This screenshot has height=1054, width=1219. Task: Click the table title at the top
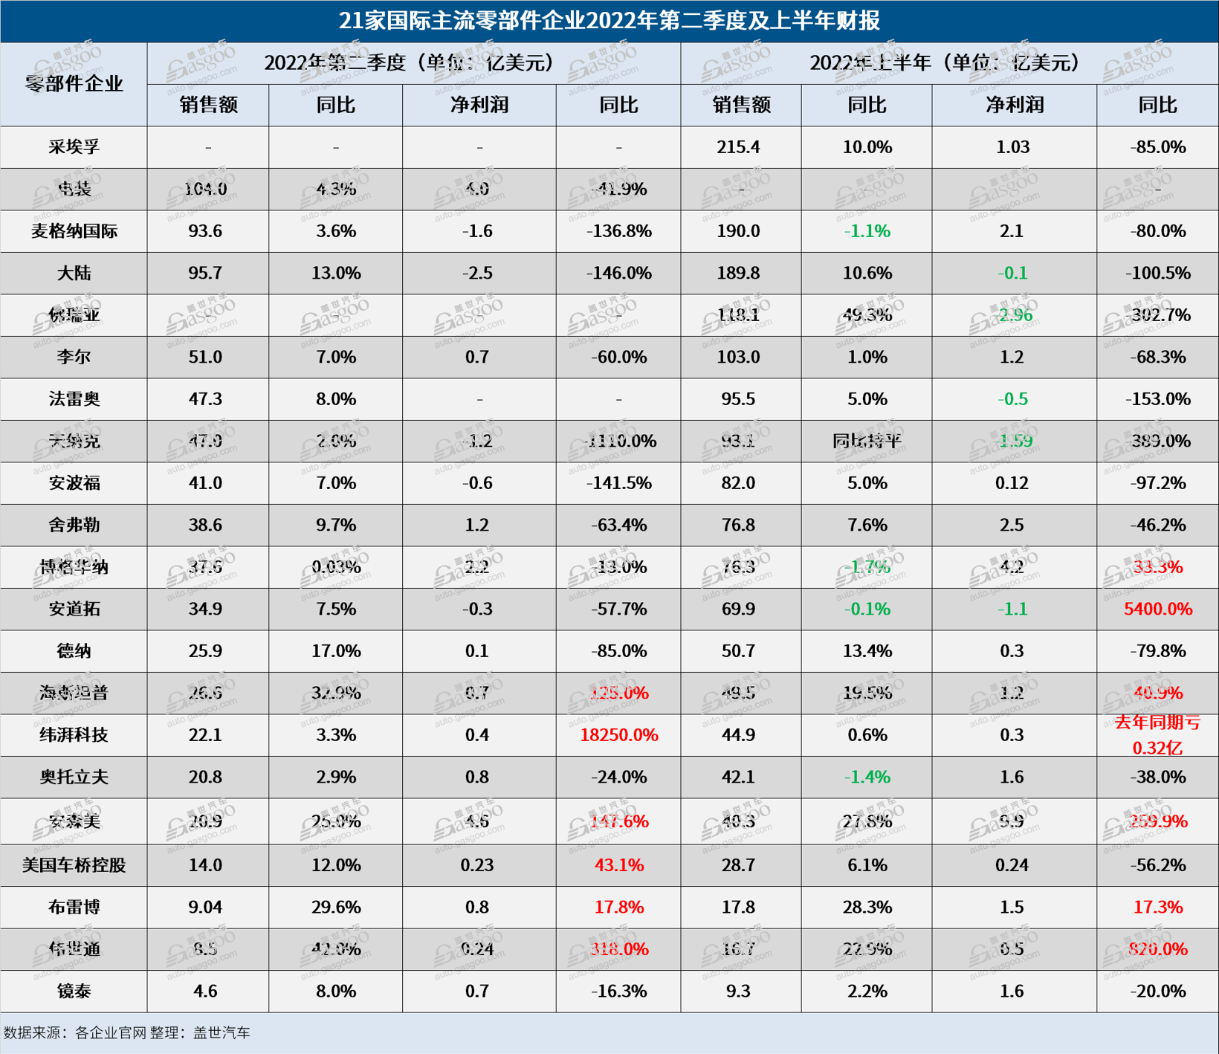coord(609,20)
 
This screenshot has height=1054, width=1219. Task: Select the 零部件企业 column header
coord(74,83)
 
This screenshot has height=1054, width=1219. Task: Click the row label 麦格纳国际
coord(74,231)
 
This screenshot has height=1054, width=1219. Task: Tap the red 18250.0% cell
coord(618,735)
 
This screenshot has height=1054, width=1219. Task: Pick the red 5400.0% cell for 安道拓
coord(1157,610)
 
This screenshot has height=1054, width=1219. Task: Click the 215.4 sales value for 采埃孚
coord(737,147)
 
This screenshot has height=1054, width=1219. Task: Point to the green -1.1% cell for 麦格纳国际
coord(867,231)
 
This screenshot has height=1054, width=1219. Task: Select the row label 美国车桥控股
coord(74,865)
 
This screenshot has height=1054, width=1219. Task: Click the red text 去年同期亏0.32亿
coord(1157,735)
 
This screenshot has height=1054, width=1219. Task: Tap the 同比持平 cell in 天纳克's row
coord(867,442)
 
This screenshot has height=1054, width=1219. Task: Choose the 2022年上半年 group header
coord(948,62)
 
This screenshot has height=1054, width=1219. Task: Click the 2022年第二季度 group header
coord(413,62)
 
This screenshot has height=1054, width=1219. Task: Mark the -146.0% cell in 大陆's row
coord(618,274)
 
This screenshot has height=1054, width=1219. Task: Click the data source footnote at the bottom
coord(126,1032)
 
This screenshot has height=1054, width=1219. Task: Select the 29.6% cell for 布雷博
coord(335,908)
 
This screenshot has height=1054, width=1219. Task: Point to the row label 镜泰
coord(74,992)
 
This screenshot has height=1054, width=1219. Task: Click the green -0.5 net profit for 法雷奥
coord(1012,399)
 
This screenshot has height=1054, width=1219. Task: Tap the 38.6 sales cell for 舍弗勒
coord(205,526)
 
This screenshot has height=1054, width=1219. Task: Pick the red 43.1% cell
coord(618,865)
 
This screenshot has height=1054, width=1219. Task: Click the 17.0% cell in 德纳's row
coord(335,651)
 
